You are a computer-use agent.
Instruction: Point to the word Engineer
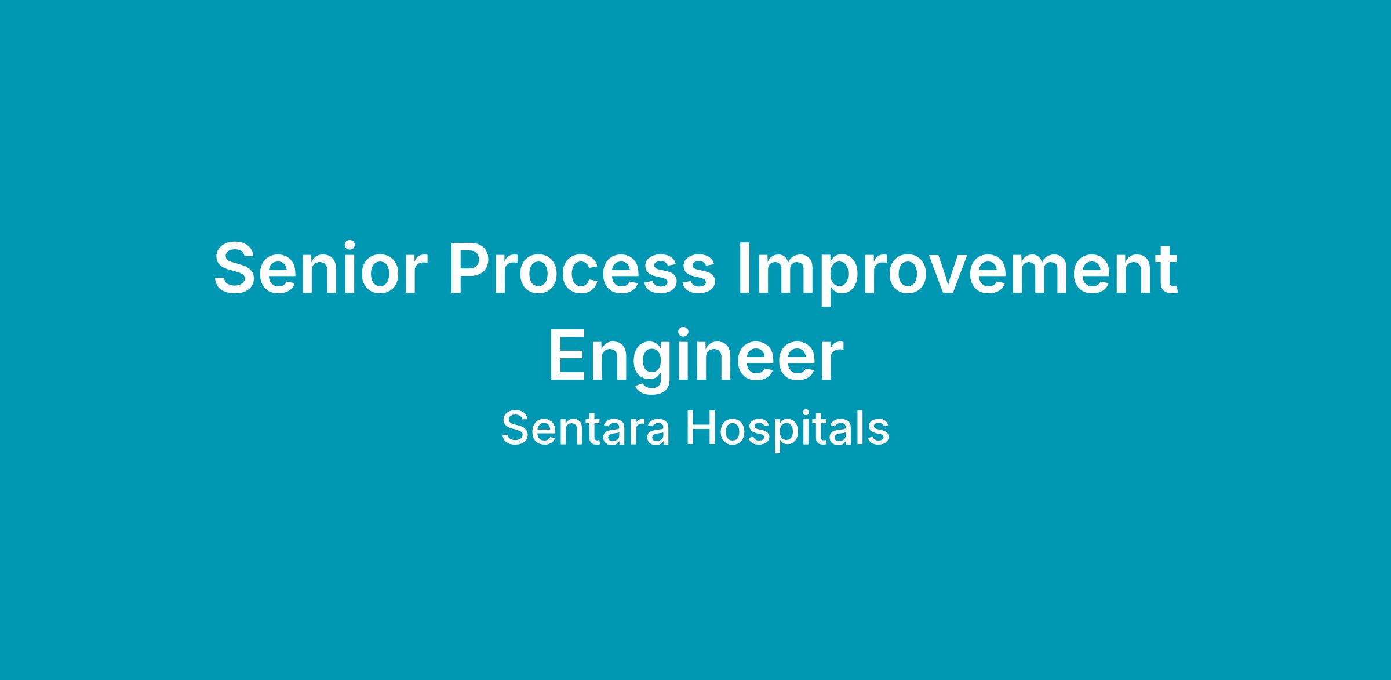695,359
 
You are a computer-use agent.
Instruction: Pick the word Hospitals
788,432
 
